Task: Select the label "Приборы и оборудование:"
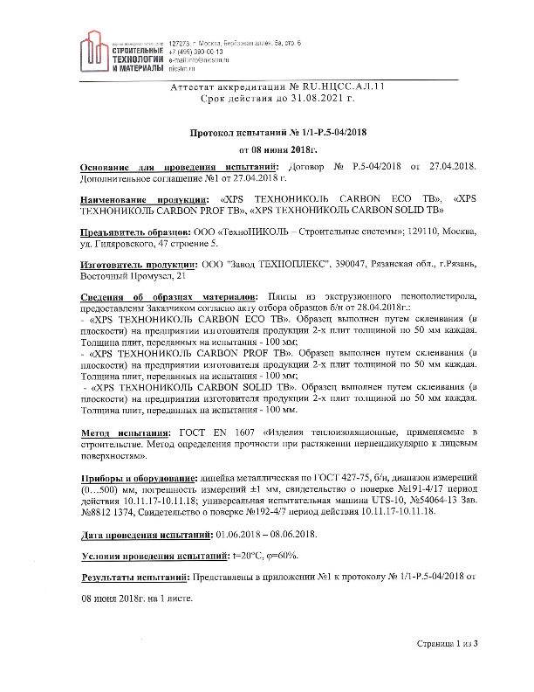click(x=140, y=479)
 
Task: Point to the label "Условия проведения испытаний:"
click(x=154, y=556)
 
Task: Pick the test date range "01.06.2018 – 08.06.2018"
click(x=268, y=533)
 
